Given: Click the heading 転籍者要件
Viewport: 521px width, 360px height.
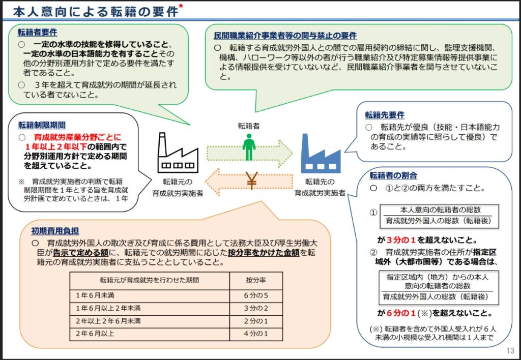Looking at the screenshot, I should coord(38,32).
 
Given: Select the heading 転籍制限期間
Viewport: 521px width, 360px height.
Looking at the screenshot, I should coord(42,125).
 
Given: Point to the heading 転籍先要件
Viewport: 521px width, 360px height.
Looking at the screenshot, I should coord(385,115).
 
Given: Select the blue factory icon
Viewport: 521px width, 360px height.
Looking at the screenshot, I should coord(320,153).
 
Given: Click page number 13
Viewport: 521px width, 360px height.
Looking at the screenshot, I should coord(510,351).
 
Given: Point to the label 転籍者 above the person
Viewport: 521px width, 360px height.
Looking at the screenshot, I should coord(248,125).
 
